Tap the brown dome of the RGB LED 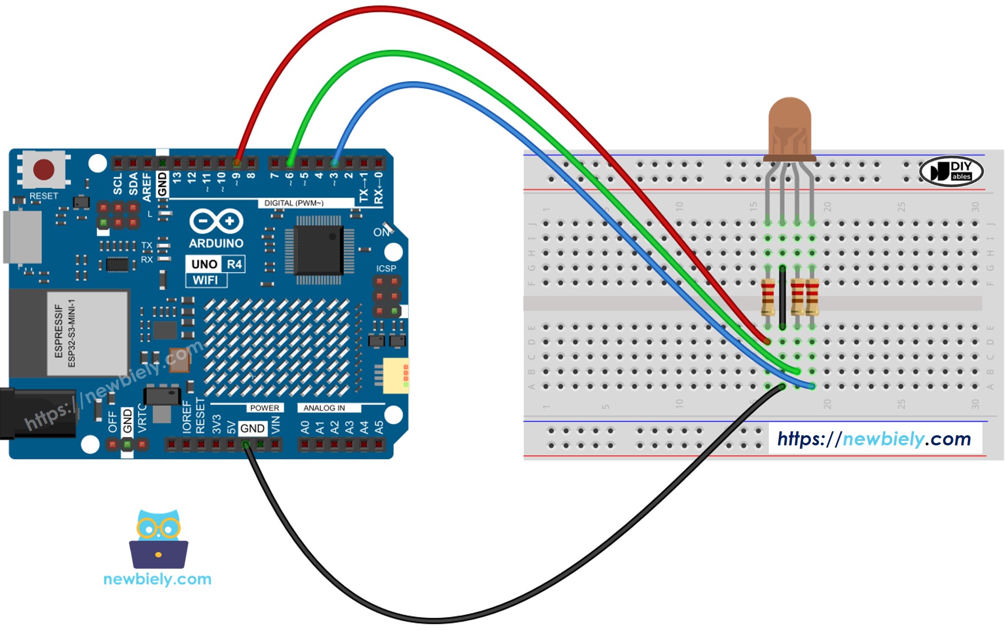[790, 126]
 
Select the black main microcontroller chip [318, 250]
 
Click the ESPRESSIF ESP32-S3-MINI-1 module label [65, 333]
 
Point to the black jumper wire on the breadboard [782, 297]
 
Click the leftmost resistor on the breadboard [768, 297]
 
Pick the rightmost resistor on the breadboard [812, 297]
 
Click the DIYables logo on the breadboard [952, 171]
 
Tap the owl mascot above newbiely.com [159, 538]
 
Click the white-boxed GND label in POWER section [252, 429]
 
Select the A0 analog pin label [304, 428]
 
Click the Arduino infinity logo [216, 221]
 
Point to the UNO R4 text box [216, 264]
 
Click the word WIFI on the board [206, 280]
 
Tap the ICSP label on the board [386, 269]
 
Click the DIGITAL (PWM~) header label [294, 203]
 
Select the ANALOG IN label [324, 408]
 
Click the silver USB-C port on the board [22, 237]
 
